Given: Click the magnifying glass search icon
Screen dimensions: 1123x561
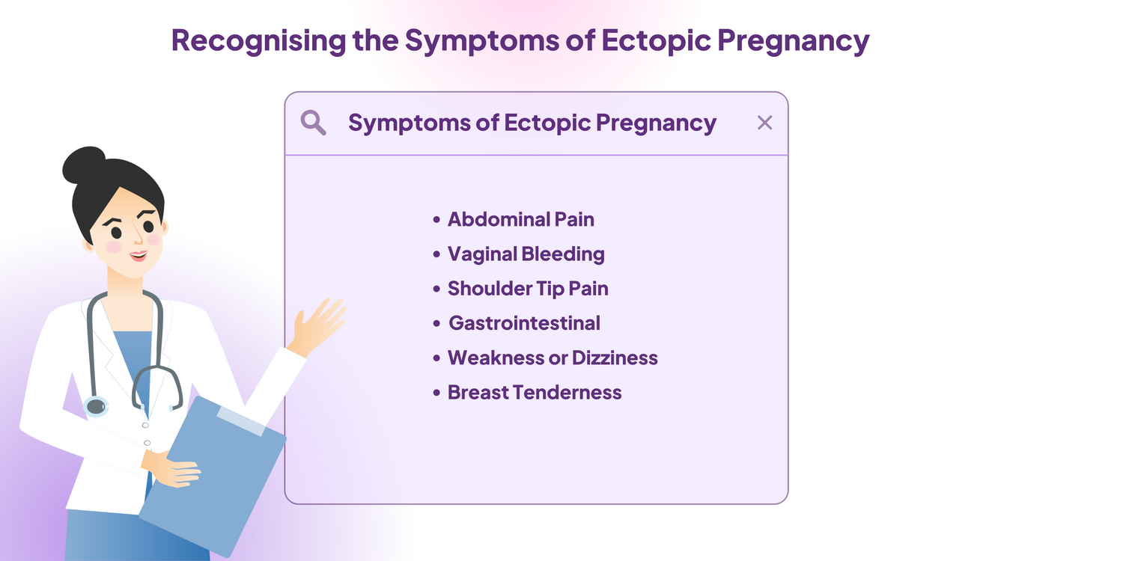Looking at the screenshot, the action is [314, 123].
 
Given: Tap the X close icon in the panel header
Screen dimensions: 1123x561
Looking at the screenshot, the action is [764, 123].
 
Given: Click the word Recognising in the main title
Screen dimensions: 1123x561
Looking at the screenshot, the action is [259, 40].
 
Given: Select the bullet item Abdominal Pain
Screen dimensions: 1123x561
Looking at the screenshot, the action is [521, 219].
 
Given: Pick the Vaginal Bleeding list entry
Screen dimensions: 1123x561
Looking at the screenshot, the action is [526, 254].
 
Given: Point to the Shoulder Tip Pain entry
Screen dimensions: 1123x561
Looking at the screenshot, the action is [528, 289].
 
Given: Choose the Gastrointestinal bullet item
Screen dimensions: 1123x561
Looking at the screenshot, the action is [524, 323].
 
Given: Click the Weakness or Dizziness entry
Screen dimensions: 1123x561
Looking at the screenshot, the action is [553, 358].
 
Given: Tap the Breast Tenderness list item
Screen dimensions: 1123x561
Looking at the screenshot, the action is [535, 392].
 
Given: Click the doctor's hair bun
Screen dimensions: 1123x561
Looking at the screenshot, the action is [84, 165].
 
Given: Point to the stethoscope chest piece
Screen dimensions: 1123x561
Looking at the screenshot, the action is [96, 406].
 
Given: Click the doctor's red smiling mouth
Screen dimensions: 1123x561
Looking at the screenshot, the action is [138, 257].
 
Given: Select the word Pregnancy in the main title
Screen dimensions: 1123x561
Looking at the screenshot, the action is [793, 40].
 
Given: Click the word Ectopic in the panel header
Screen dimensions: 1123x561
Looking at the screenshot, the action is [547, 123].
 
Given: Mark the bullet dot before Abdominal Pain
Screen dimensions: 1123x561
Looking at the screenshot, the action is [436, 219].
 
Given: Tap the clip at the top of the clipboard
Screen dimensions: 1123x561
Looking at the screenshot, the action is [240, 420].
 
